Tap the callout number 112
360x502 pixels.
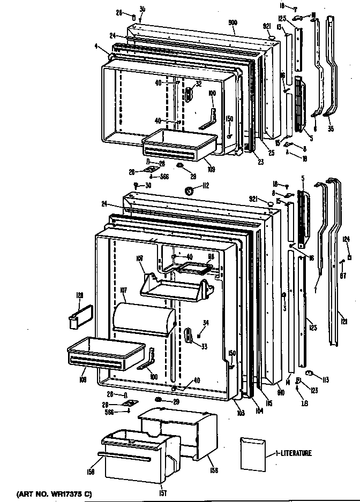tap(204, 186)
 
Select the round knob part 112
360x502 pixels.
tap(189, 189)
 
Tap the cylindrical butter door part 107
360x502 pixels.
tap(144, 320)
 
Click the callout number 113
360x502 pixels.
tap(325, 379)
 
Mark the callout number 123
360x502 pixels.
tap(314, 391)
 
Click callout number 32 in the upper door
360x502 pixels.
tap(198, 83)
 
